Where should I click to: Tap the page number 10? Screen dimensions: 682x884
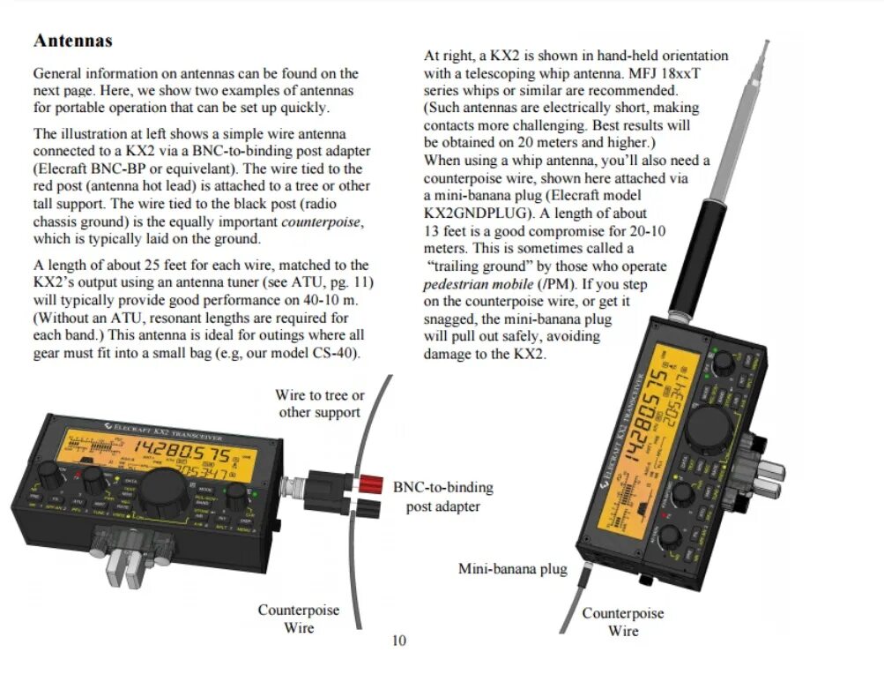click(x=399, y=640)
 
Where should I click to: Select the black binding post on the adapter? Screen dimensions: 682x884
click(x=365, y=507)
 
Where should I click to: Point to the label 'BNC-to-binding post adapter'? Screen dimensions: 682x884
click(x=442, y=497)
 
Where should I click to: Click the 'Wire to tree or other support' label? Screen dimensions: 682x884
click(x=319, y=404)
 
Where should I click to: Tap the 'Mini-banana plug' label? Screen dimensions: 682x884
click(x=512, y=569)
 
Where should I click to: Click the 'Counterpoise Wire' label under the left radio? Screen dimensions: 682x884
click(x=298, y=618)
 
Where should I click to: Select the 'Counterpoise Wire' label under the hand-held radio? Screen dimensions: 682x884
click(x=622, y=621)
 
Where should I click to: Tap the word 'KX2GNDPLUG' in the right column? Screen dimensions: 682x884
click(x=472, y=213)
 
